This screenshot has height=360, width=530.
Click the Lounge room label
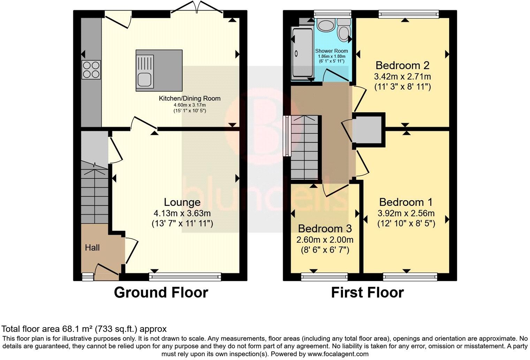point(182,202)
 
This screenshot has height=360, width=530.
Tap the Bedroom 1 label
point(406,202)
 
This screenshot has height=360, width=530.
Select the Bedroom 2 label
point(402,65)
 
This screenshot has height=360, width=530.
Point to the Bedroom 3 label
point(325,228)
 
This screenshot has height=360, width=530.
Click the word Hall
point(92,248)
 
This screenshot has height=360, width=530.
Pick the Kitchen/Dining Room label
point(190,98)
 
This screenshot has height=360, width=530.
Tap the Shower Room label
point(332,51)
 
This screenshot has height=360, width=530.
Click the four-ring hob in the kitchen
point(91,69)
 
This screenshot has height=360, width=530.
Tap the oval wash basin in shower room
point(327,25)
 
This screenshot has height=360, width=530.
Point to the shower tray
point(302,52)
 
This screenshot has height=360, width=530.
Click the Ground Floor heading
point(161,292)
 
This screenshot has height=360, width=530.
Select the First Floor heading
point(367,292)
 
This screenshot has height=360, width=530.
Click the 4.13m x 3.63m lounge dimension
point(182,213)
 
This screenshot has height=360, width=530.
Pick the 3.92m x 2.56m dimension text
point(406,213)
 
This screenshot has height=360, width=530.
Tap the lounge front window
point(185,277)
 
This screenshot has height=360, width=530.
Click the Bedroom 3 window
point(324,277)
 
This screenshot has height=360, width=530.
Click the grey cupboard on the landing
point(369,130)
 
